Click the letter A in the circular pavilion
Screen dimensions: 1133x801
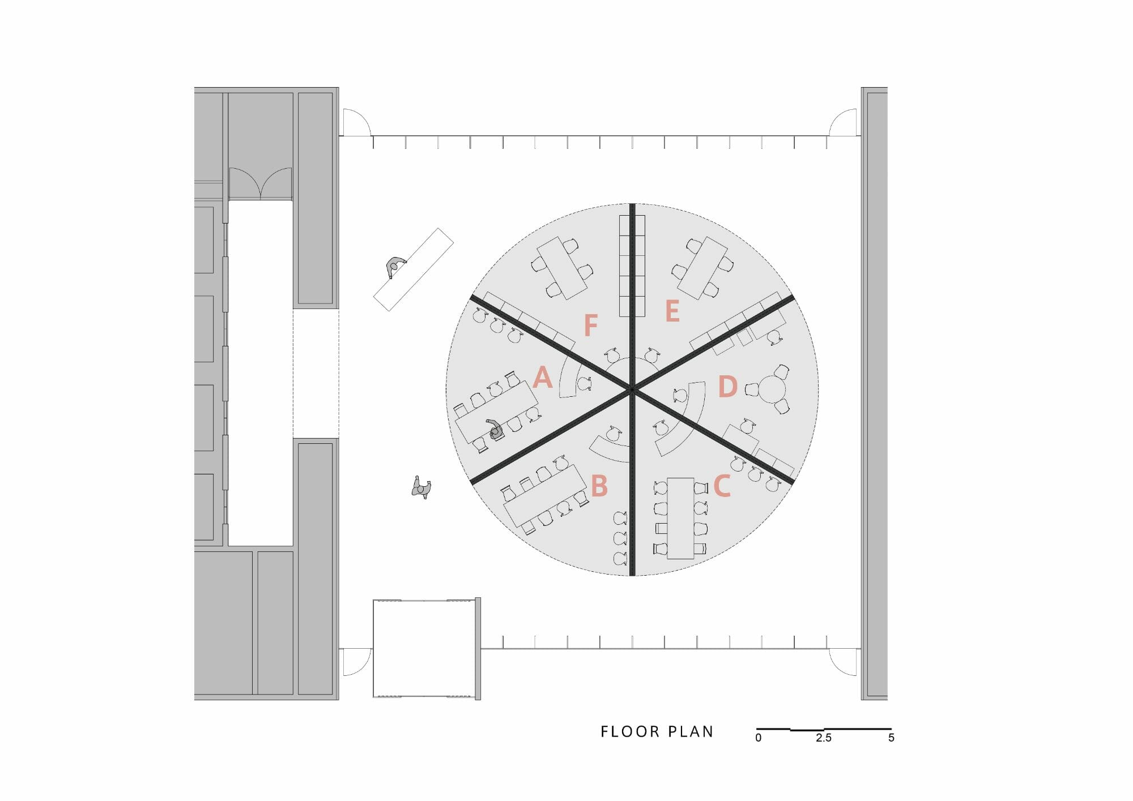click(x=543, y=377)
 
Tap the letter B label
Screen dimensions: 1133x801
click(x=599, y=486)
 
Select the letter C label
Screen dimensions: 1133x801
click(x=722, y=486)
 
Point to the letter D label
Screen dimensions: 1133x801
click(x=727, y=387)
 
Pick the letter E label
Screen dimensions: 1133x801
click(x=672, y=311)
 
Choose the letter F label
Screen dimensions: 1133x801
click(x=591, y=325)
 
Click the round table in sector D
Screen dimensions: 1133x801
click(x=772, y=389)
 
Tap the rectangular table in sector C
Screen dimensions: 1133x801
click(x=680, y=518)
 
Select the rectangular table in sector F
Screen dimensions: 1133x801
click(x=562, y=268)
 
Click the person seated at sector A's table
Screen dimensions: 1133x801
click(x=496, y=430)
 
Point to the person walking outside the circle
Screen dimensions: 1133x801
click(x=421, y=487)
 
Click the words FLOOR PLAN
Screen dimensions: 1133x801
click(x=657, y=732)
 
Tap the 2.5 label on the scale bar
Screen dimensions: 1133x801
click(x=824, y=738)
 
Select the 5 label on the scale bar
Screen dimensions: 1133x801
click(x=891, y=738)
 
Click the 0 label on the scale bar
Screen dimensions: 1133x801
click(x=759, y=738)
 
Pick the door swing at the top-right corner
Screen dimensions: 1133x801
click(x=844, y=123)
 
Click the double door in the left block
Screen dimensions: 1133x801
click(x=260, y=183)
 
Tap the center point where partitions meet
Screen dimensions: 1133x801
click(x=632, y=389)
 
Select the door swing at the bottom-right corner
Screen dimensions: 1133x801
click(x=844, y=661)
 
